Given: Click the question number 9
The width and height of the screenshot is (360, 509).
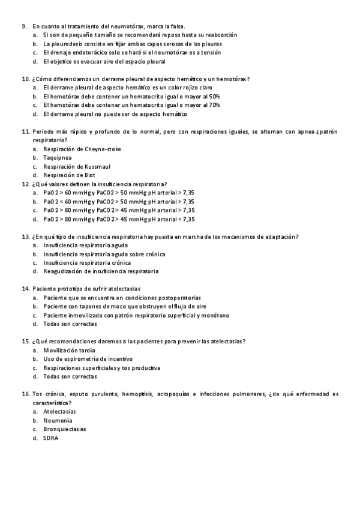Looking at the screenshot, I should (x=24, y=26).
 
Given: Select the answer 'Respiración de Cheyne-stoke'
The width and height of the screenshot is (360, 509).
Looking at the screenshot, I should (x=82, y=149).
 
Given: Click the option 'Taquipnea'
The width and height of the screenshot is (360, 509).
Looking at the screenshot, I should (x=58, y=157).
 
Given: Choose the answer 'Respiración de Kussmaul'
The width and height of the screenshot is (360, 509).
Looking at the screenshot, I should (x=77, y=166).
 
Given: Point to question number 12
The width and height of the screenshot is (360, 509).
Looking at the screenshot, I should (x=25, y=184).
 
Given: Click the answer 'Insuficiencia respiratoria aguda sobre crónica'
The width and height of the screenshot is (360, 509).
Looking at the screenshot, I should (x=104, y=254).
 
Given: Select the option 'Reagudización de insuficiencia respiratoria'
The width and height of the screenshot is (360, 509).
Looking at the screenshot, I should (x=101, y=271).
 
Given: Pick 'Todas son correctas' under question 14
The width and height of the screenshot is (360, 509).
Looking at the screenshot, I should (x=70, y=324).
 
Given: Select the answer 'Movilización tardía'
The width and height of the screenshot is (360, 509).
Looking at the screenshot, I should (x=69, y=350).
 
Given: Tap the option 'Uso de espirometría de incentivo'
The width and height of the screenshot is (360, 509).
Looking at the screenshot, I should (x=88, y=359).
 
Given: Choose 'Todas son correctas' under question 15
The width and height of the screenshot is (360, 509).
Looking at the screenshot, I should (x=70, y=376).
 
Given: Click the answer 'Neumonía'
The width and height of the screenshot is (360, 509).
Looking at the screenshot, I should (x=58, y=420).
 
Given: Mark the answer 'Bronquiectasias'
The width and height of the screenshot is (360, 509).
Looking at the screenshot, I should (x=64, y=429).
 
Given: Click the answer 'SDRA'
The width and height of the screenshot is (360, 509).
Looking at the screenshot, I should (x=51, y=438).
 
